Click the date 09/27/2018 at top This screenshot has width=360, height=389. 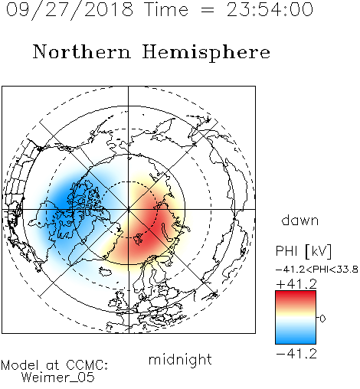coord(70,10)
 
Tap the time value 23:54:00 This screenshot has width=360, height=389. coord(270,10)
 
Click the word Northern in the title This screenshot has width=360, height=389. coord(82,52)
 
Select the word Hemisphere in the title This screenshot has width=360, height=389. coord(206,52)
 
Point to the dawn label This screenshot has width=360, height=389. coord(300,220)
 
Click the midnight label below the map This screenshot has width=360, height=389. coord(180,359)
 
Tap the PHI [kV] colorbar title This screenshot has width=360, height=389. coord(304,251)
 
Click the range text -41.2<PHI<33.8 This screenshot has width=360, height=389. coord(316,270)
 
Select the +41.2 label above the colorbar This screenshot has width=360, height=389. coord(296,284)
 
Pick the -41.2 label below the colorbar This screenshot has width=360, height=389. coord(296,354)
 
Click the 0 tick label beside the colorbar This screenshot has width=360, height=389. coord(322,319)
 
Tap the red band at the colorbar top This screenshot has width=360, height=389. coord(296,296)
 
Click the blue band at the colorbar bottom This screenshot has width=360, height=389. coord(296,338)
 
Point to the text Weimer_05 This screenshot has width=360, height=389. coord(58,377)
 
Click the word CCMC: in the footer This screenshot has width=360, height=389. coord(87,365)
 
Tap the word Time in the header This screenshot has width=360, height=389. coord(166,10)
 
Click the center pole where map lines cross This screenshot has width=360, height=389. coord(129,209)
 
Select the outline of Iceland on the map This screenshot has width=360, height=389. coord(106,271)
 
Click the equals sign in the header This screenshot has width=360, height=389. coord(207,11)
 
